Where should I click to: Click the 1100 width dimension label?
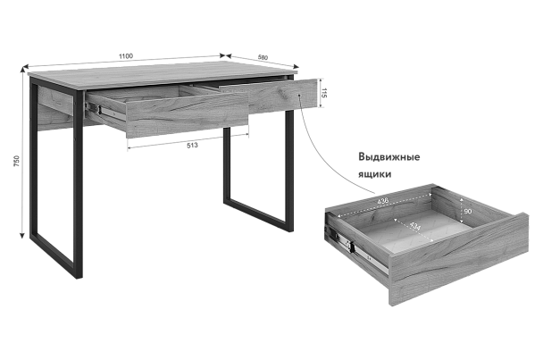point(126,56)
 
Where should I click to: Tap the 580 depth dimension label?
point(263,57)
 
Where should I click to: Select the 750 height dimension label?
point(17,162)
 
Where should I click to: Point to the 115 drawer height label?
point(324,93)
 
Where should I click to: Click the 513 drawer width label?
point(192,146)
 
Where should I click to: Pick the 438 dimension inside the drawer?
point(382,201)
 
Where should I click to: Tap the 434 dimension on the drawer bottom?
point(415,226)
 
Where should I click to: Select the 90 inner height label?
point(467,211)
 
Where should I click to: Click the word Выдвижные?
point(388,157)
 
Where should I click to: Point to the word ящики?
point(375,174)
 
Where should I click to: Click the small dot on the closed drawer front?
point(299,95)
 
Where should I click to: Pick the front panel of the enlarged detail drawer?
point(459,259)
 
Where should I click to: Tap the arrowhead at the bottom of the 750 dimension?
point(22,236)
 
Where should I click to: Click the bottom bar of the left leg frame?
point(53,255)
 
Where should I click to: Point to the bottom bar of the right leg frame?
point(258,213)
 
